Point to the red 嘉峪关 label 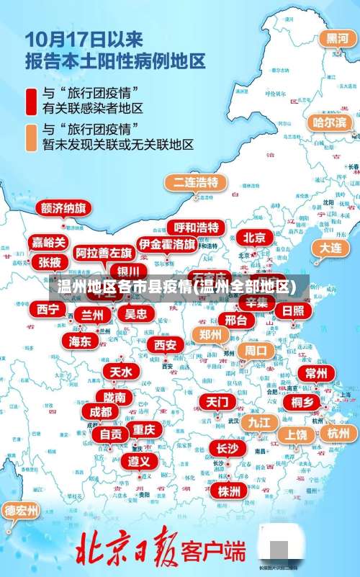tap(49, 242)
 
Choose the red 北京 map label tap(253, 237)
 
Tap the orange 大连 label tap(330, 247)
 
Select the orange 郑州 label tap(210, 334)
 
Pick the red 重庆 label tap(143, 429)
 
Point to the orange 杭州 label tap(338, 433)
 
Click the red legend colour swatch tap(31, 101)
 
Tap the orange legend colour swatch tap(31, 137)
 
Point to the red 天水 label tap(121, 371)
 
